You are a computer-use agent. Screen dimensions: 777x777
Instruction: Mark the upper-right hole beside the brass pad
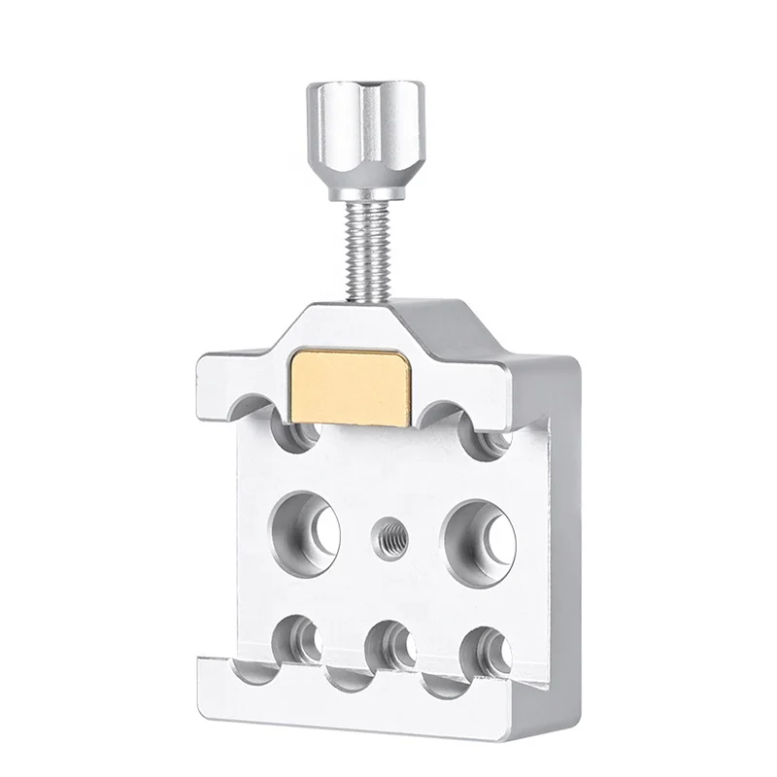click(491, 436)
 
